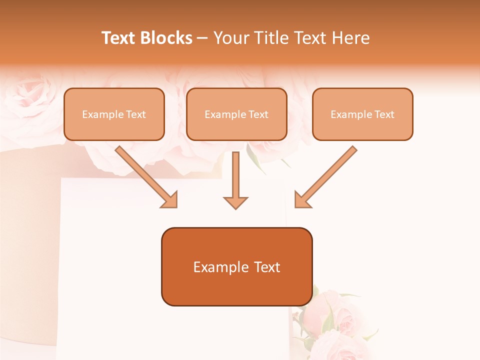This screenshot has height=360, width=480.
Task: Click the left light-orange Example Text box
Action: coord(114,114)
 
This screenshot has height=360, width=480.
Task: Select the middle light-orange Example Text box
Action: coord(236,114)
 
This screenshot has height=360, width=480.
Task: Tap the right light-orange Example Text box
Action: coord(362,114)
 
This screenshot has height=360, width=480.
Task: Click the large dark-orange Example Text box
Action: coord(236,267)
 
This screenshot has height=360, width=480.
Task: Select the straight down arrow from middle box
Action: coord(235,180)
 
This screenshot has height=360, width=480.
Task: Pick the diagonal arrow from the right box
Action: coord(325,177)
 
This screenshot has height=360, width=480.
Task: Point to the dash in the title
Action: coord(202,38)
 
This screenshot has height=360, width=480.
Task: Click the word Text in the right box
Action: coord(384,114)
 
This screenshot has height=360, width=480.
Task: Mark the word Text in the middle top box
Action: coord(258,114)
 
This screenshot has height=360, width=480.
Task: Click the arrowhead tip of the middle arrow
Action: coord(235,207)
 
